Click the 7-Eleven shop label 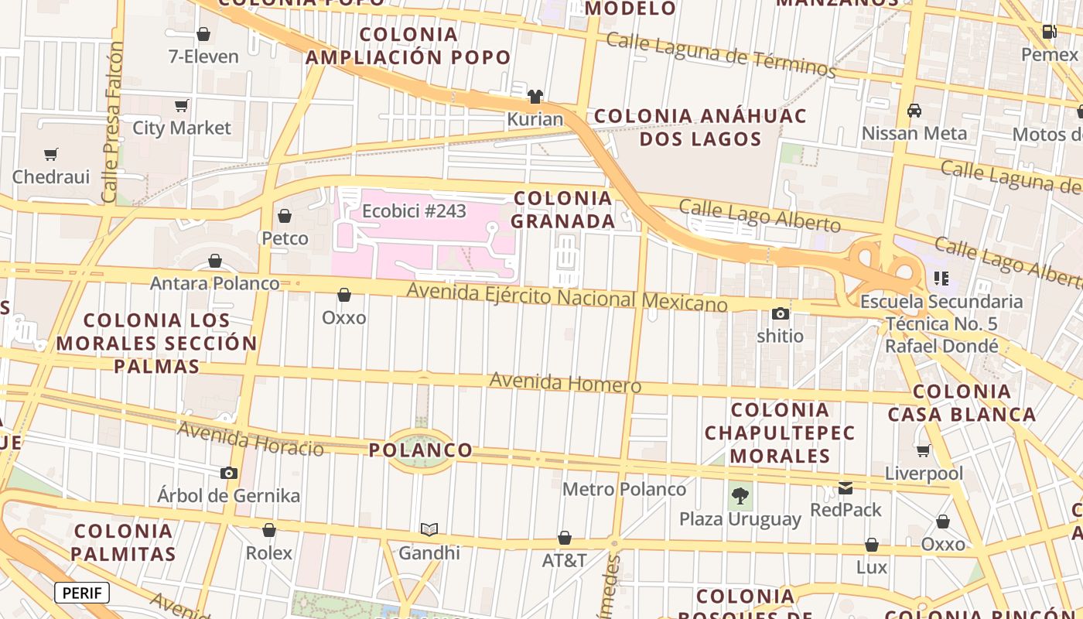point(203,56)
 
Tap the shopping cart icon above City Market point(181,105)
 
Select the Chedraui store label point(51,176)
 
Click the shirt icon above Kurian point(535,97)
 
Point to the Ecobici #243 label point(414,210)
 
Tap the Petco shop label point(285,238)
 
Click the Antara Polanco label point(215,283)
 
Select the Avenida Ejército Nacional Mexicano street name point(567,296)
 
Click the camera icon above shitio point(780,313)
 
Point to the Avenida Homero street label point(565,382)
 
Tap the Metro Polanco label point(624,489)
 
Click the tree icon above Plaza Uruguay point(740,495)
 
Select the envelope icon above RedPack point(846,488)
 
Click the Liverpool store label point(924,473)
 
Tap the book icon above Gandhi point(429,530)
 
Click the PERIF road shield point(82,593)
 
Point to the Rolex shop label point(269,552)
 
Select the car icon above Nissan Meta point(914,111)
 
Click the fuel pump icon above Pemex point(1050,32)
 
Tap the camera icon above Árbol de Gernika point(228,473)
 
